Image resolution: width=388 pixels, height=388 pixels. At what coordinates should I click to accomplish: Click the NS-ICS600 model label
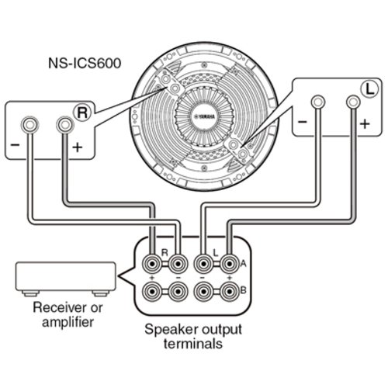pyautogui.click(x=85, y=63)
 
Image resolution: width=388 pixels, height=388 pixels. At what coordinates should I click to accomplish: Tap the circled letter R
pyautogui.click(x=82, y=113)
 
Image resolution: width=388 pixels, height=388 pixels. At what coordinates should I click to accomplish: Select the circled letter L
pyautogui.click(x=369, y=89)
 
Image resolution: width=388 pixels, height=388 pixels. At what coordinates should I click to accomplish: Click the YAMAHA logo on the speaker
pyautogui.click(x=204, y=116)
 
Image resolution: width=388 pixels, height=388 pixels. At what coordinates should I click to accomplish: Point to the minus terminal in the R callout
pyautogui.click(x=29, y=125)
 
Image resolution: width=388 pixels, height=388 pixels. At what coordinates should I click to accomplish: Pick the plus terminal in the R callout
pyautogui.click(x=65, y=125)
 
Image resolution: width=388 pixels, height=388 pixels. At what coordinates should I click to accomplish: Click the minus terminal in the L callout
pyautogui.click(x=318, y=102)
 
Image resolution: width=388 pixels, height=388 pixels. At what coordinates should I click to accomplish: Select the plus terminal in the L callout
pyautogui.click(x=353, y=102)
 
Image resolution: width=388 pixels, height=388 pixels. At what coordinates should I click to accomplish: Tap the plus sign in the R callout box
pyautogui.click(x=78, y=147)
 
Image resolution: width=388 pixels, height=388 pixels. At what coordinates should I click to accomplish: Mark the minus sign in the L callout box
pyautogui.click(x=302, y=122)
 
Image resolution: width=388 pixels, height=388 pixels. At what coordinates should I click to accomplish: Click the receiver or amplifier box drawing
pyautogui.click(x=66, y=279)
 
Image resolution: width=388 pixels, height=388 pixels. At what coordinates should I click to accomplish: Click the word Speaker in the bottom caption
pyautogui.click(x=171, y=331)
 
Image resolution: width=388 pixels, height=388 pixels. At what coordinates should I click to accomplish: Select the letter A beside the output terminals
pyautogui.click(x=244, y=264)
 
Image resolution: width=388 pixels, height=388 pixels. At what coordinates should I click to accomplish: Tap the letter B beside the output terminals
pyautogui.click(x=244, y=290)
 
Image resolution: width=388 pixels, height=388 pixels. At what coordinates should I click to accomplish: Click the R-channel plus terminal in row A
pyautogui.click(x=152, y=264)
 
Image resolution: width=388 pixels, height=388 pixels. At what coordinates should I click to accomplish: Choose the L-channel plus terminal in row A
pyautogui.click(x=229, y=264)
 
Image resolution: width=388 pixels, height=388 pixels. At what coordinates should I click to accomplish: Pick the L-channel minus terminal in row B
pyautogui.click(x=204, y=292)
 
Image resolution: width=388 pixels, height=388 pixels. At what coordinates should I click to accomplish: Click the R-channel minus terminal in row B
pyautogui.click(x=178, y=292)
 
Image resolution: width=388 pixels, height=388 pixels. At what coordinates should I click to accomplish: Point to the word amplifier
pyautogui.click(x=68, y=322)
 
